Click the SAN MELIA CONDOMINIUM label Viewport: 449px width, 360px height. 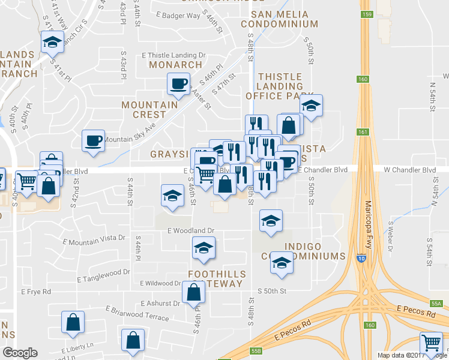click(279, 19)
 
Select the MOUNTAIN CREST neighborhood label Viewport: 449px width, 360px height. click(150, 109)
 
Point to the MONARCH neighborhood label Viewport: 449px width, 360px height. click(176, 64)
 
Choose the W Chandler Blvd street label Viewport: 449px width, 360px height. click(409, 170)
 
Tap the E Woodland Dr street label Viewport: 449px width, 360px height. click(191, 230)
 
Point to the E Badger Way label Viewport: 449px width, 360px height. click(178, 16)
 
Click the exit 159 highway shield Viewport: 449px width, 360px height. click(366, 13)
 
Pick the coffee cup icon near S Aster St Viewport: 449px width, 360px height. click(178, 84)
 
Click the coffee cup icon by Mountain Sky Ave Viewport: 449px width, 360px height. click(93, 140)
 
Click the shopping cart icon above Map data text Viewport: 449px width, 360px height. click(430, 343)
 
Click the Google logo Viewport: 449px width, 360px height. click(20, 353)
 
